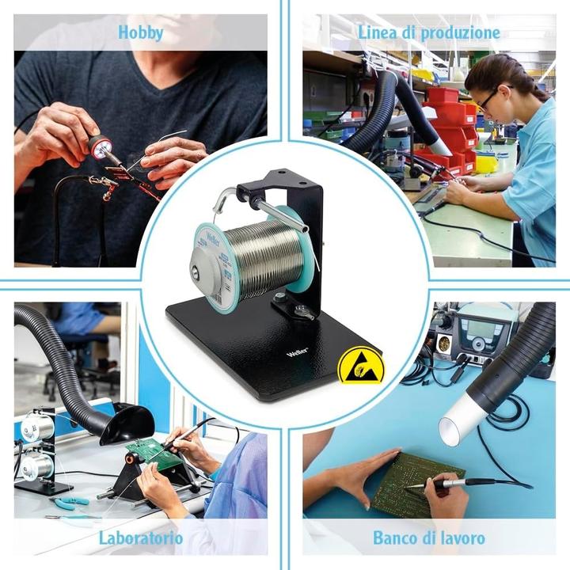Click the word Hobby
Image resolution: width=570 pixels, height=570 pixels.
[x=140, y=32]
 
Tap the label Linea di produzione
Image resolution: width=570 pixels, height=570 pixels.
[x=428, y=32]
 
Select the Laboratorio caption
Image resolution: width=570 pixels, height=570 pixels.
[x=141, y=538]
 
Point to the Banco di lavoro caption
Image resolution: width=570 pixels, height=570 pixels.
[x=428, y=538]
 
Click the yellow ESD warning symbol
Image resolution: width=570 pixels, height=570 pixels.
[x=353, y=367]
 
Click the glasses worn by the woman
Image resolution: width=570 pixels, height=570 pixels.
[x=488, y=98]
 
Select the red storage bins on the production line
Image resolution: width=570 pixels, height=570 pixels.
[x=447, y=127]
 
